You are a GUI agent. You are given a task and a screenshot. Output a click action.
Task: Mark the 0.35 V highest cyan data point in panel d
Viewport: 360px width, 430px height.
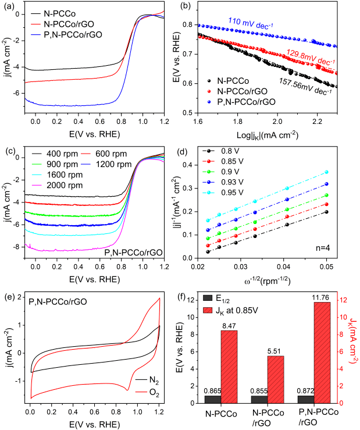tap(326, 172)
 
